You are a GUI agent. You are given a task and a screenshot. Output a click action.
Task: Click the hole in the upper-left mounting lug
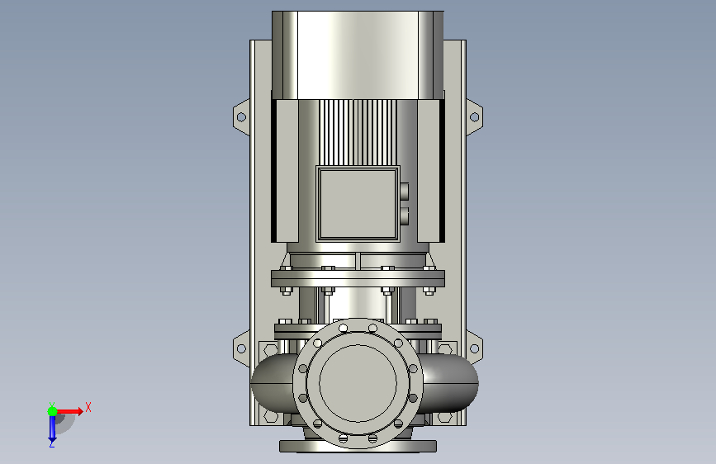tap(242, 117)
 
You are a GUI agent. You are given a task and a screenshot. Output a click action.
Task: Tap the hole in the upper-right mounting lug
tap(474, 117)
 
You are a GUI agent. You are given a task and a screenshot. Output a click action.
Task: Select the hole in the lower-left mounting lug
tap(242, 349)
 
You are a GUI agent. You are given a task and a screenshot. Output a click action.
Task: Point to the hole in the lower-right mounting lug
tap(474, 349)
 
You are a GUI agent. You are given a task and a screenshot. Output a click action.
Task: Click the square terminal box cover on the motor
tap(358, 204)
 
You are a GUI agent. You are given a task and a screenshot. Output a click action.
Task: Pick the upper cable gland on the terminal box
tap(404, 191)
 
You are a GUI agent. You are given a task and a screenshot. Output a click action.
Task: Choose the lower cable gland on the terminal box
tap(404, 216)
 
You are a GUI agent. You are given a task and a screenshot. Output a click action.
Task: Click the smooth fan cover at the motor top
tap(358, 55)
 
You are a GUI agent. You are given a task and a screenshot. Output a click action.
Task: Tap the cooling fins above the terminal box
tap(358, 132)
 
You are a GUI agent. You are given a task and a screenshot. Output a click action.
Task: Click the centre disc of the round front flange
tap(358, 383)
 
